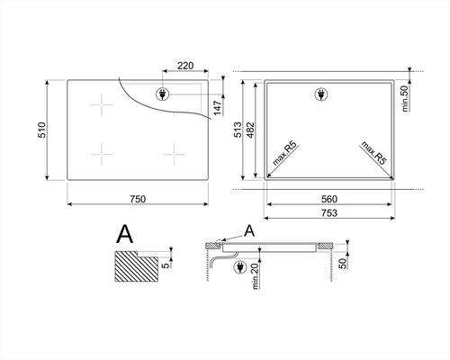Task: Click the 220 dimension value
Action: click(185, 66)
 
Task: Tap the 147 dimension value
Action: click(218, 108)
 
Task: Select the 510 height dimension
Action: click(42, 130)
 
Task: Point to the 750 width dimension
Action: click(138, 199)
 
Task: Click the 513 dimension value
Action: click(238, 130)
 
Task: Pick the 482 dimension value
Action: click(250, 130)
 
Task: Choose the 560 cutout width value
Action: click(329, 199)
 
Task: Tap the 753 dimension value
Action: click(329, 213)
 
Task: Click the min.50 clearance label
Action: click(405, 99)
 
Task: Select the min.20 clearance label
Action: click(256, 276)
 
